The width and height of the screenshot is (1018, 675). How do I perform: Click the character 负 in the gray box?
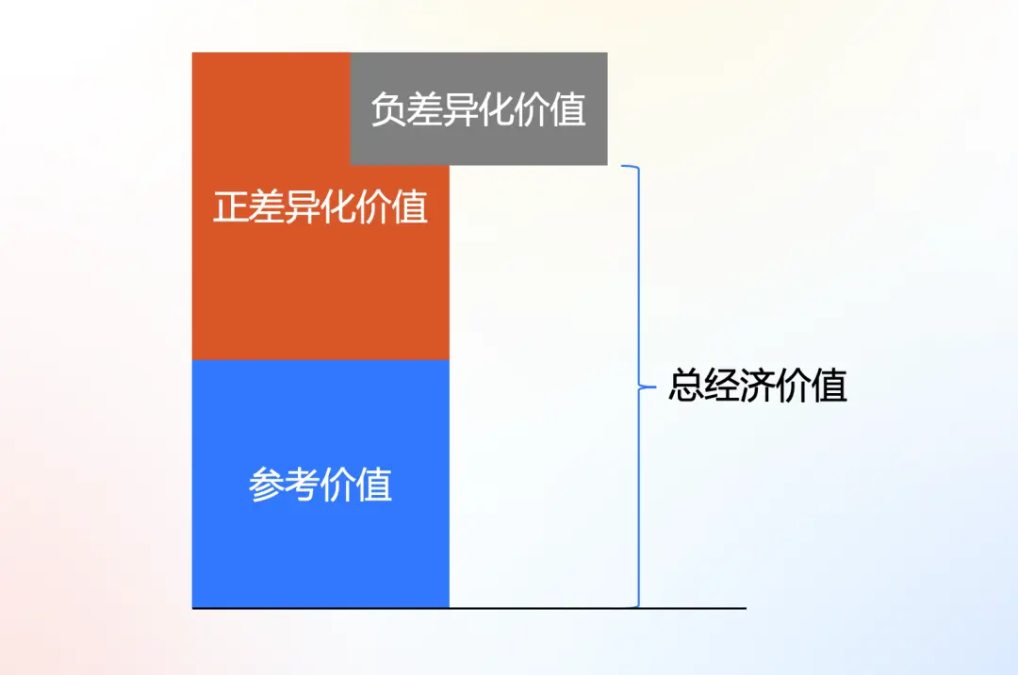coord(388,109)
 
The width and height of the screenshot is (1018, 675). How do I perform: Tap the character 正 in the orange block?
coord(231,206)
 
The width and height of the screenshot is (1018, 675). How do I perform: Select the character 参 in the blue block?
coord(266,485)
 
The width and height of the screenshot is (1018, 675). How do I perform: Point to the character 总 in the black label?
coord(686,386)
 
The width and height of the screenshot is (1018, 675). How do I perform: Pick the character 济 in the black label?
coord(759,386)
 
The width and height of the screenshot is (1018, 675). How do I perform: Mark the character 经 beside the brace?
coord(722,386)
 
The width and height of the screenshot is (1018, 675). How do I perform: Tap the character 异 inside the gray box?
coord(461,109)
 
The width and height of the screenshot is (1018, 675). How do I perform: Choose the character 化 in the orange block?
coord(338,206)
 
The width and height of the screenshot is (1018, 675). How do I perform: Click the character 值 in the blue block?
coord(374,485)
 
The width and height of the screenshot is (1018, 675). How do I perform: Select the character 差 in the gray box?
coord(424,109)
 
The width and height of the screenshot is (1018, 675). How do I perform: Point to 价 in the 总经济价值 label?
coord(795,386)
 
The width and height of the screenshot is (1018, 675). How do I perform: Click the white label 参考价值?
coord(320,485)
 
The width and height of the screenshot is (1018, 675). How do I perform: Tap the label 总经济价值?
coord(758,386)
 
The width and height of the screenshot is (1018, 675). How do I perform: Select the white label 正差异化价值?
coord(320,206)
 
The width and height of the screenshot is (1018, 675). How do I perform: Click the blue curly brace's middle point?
coord(644,387)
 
